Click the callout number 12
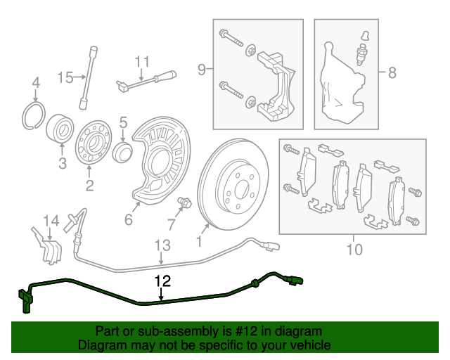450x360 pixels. (x=162, y=282)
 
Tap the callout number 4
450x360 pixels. (x=36, y=86)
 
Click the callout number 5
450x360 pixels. (x=122, y=123)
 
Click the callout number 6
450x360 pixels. (x=128, y=220)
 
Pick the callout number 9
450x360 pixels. (x=202, y=70)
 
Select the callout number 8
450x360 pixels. (x=392, y=71)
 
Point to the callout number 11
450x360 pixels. (x=143, y=60)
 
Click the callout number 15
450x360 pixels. (x=65, y=77)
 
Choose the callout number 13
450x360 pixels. (x=162, y=245)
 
